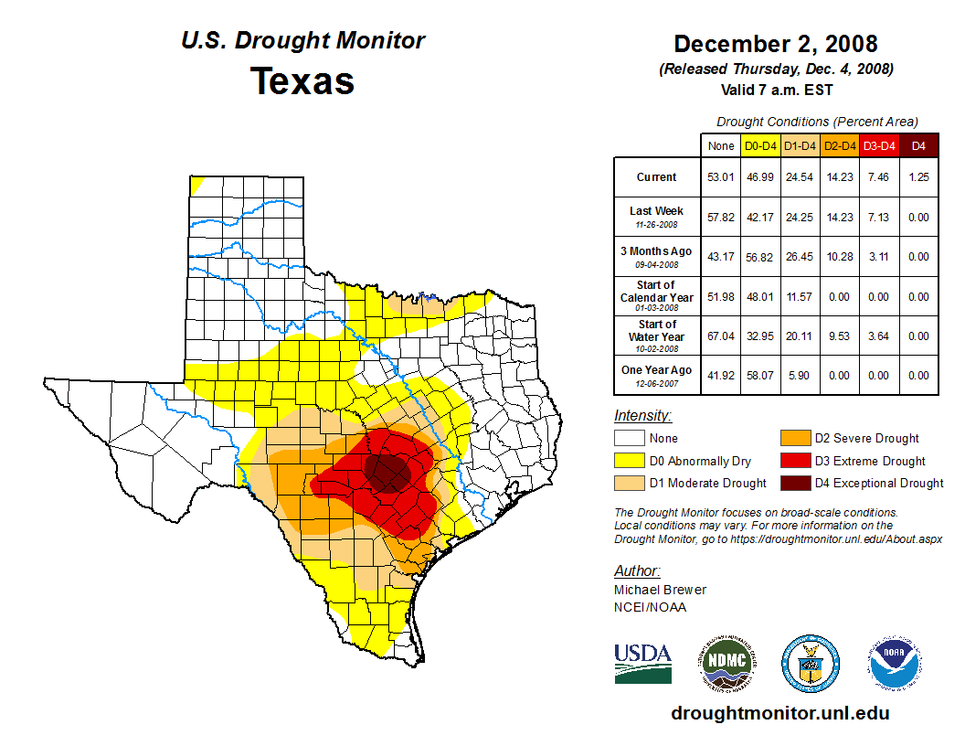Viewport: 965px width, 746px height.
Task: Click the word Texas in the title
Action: tap(302, 81)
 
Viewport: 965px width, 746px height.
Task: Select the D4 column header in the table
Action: tap(918, 145)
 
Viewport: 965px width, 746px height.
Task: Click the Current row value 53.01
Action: tap(721, 177)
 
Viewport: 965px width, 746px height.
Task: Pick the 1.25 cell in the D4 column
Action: tap(918, 177)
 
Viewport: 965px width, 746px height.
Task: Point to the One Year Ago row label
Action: tap(656, 370)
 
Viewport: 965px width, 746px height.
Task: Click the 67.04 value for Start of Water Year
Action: tap(721, 336)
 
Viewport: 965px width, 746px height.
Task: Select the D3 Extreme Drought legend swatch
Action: tap(793, 461)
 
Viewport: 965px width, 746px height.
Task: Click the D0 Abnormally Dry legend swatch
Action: tap(628, 461)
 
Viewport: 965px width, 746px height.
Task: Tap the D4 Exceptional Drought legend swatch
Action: tap(793, 483)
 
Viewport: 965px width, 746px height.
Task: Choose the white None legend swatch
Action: tap(628, 439)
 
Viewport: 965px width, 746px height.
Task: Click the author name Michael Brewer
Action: tap(660, 590)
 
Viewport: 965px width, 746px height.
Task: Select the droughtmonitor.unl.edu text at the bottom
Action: tap(779, 713)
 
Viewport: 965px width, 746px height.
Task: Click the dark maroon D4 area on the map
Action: tap(388, 471)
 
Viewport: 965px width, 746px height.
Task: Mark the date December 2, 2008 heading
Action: tap(775, 44)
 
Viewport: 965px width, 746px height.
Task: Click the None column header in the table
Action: tap(721, 145)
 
